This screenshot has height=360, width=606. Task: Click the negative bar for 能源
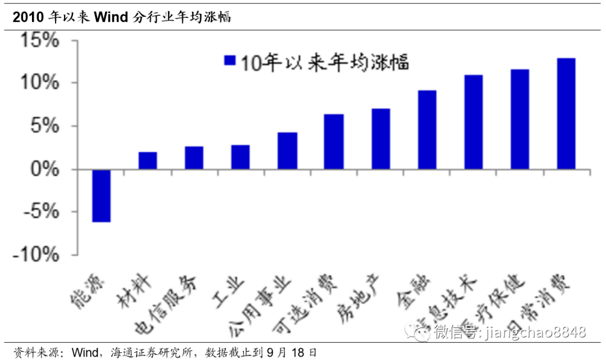click(x=102, y=196)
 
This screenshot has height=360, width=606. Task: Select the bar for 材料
click(x=148, y=160)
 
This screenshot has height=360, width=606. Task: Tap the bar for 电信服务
click(x=194, y=158)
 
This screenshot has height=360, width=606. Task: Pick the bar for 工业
click(x=240, y=157)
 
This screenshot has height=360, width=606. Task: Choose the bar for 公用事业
click(x=287, y=151)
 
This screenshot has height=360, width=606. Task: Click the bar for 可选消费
click(x=333, y=142)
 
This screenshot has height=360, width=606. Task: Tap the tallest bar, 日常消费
click(x=566, y=114)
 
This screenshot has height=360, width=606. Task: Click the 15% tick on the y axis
click(x=40, y=41)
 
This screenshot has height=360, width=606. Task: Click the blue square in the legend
click(x=228, y=61)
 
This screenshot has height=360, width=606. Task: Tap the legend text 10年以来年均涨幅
click(x=325, y=61)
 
